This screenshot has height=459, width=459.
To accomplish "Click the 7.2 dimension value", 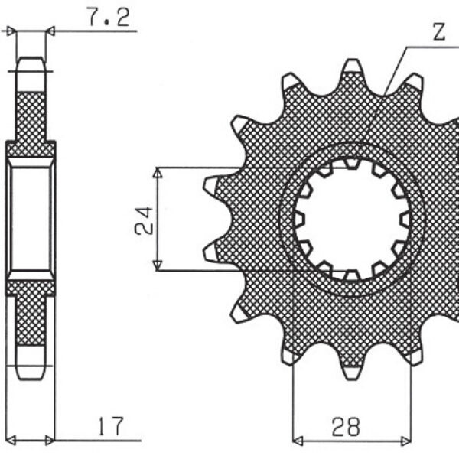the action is point(109,17).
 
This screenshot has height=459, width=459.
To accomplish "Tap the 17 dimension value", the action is point(111,426).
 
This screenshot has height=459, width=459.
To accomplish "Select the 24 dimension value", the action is point(144,220).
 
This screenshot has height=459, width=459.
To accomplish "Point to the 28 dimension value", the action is point(346,426).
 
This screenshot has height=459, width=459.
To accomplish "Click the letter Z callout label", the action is point(439,31).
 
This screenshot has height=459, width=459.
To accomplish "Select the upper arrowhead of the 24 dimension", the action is point(158,172).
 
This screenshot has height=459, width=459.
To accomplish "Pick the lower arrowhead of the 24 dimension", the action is point(158,265).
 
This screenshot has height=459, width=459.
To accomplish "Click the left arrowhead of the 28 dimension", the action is point(298,441).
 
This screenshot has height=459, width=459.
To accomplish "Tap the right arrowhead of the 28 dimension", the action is point(405,441).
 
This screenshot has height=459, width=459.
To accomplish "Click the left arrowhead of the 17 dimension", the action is point(11,440).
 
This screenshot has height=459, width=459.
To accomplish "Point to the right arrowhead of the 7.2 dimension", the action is point(50,31).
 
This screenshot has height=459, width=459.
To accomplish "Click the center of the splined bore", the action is point(352,220).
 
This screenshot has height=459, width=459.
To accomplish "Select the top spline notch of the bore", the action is point(352,163).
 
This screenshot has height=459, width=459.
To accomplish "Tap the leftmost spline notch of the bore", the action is point(298,220).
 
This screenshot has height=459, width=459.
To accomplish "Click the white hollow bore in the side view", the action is point(31,219).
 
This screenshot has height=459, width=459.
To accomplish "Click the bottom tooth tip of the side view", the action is point(31,379).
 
